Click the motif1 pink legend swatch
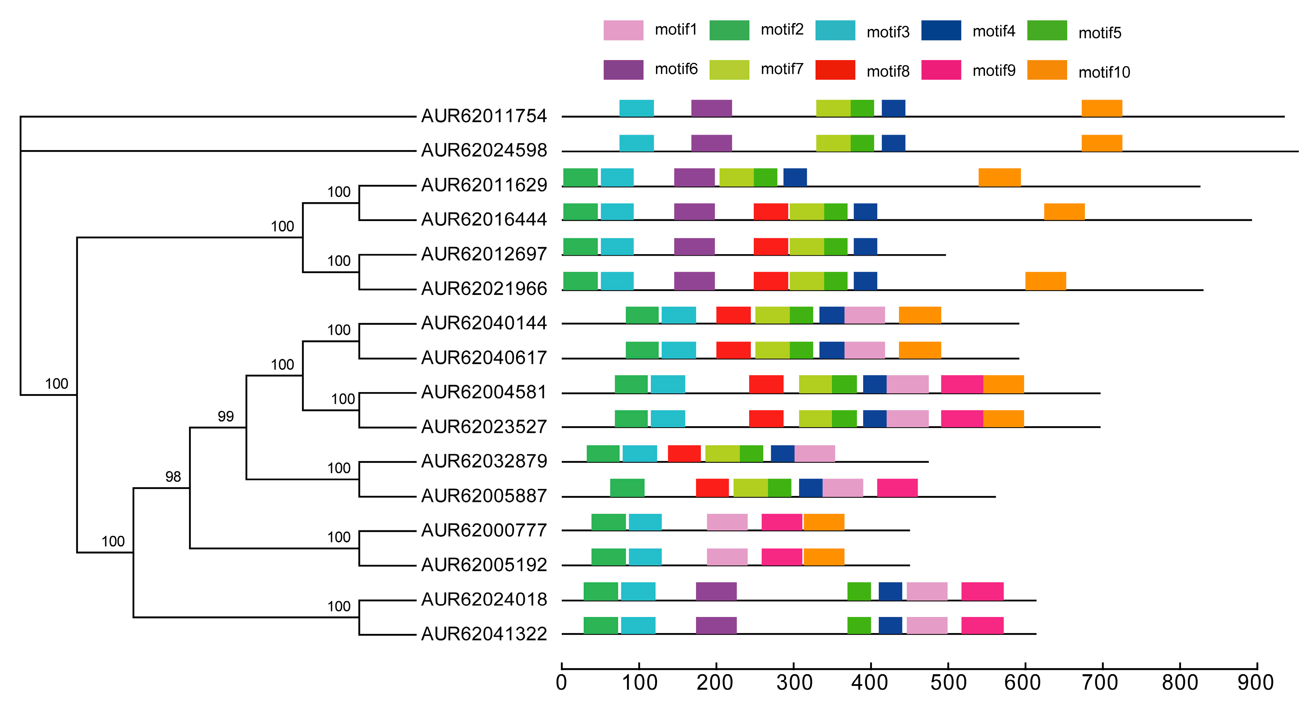pyautogui.click(x=623, y=30)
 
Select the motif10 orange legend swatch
pyautogui.click(x=1047, y=70)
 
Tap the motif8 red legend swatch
pyautogui.click(x=835, y=70)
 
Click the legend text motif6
pyautogui.click(x=676, y=69)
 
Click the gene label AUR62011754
pyautogui.click(x=484, y=116)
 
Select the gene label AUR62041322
pyautogui.click(x=484, y=634)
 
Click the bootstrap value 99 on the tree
pyautogui.click(x=226, y=417)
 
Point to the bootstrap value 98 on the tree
pyautogui.click(x=173, y=477)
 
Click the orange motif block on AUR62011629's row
pyautogui.click(x=999, y=178)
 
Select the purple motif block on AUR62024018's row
pyautogui.click(x=716, y=591)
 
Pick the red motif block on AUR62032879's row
pyautogui.click(x=684, y=453)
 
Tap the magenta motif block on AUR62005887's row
pyautogui.click(x=897, y=488)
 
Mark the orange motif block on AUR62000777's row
pyautogui.click(x=824, y=522)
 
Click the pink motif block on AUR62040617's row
pyautogui.click(x=865, y=350)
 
